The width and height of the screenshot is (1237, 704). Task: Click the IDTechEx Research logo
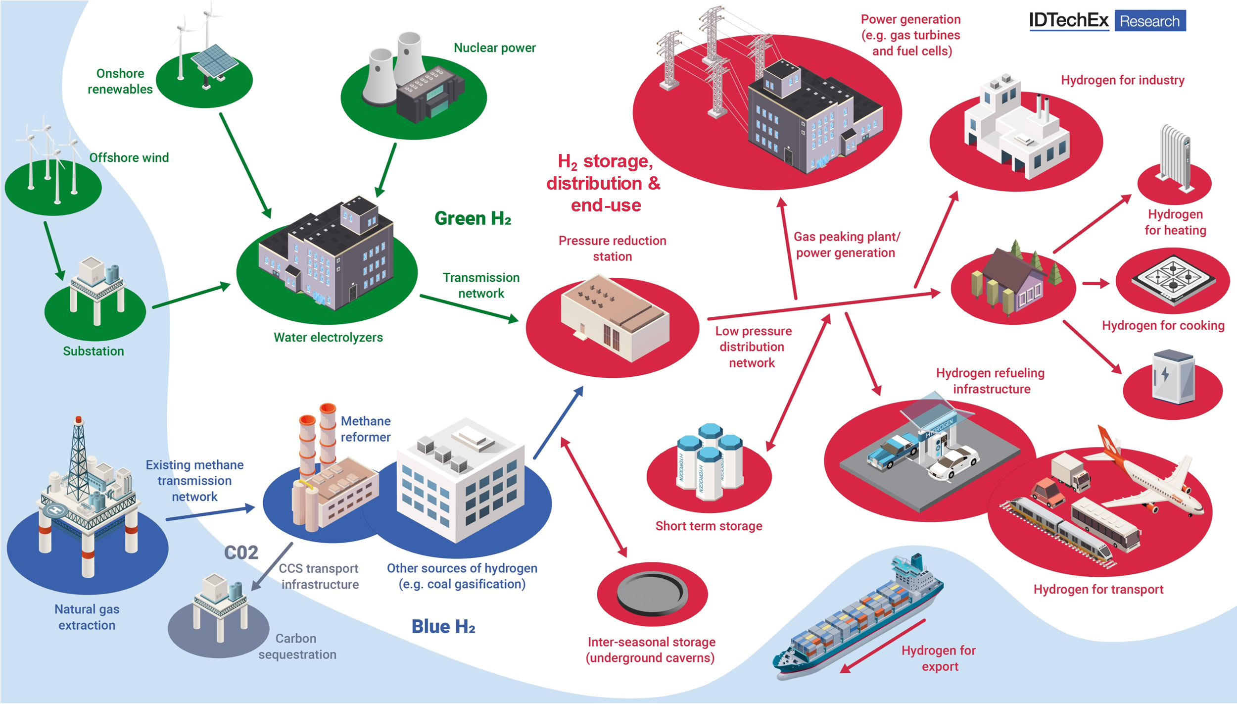(1107, 21)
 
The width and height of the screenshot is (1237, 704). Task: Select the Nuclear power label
(494, 48)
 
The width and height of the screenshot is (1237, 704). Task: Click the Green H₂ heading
(473, 218)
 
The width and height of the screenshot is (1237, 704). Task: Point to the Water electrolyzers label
(328, 338)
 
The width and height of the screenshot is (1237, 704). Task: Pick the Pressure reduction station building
(615, 316)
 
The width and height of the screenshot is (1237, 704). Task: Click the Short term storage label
(709, 526)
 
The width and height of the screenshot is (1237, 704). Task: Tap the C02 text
(241, 553)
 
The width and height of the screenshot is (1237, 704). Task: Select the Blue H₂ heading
(443, 627)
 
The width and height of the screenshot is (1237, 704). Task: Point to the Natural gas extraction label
(87, 617)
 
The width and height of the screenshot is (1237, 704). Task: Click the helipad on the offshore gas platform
(55, 510)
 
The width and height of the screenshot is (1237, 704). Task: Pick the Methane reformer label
(366, 429)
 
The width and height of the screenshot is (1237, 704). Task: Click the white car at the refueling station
(952, 463)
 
